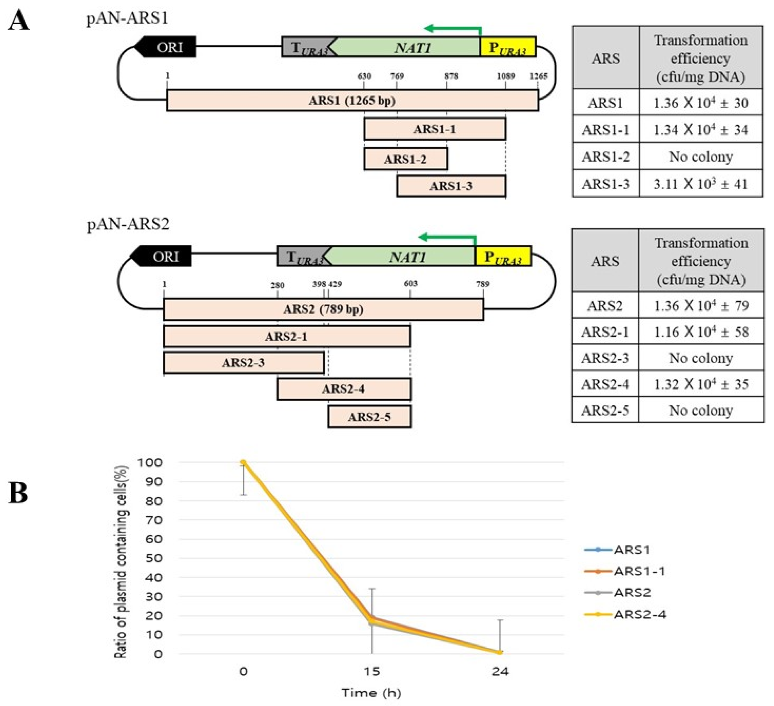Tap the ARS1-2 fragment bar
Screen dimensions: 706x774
[405, 159]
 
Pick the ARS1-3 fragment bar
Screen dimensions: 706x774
[451, 186]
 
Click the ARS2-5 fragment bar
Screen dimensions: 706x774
[369, 417]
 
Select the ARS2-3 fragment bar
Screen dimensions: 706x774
[244, 363]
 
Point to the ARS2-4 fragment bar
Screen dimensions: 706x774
[343, 389]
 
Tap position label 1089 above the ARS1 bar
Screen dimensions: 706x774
[506, 76]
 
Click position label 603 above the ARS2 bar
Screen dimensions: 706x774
[410, 284]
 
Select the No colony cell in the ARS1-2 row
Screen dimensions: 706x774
[701, 156]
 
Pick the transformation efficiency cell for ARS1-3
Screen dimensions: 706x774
[701, 184]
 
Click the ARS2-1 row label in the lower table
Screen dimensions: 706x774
[605, 332]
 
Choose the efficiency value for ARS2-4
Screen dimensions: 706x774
[701, 384]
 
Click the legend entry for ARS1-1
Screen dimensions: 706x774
[639, 571]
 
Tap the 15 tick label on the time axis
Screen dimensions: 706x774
[372, 671]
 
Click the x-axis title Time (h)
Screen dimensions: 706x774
[371, 693]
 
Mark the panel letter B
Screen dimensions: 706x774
[18, 493]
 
